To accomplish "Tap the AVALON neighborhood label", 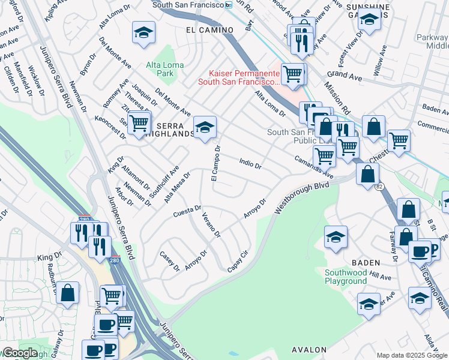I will click(309, 349).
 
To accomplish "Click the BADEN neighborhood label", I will click(366, 262).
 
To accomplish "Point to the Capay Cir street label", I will click(238, 261).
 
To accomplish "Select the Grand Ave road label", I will click(343, 75).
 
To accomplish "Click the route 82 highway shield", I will click(379, 187).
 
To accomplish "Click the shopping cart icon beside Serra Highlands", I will click(139, 123).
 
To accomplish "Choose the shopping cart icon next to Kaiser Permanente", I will click(292, 74).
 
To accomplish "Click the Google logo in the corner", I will click(20, 353).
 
